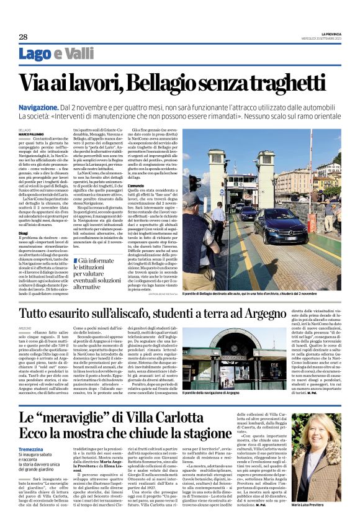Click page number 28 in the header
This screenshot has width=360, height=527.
(24, 37)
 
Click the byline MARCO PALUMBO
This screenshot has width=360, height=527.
(32, 133)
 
